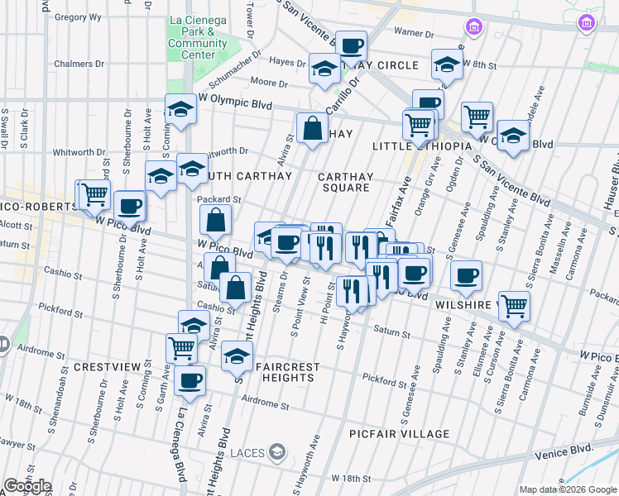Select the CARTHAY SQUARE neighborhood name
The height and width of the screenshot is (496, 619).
click(346, 182)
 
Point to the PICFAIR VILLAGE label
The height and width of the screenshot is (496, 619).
click(399, 434)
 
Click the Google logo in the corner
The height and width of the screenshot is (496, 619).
click(27, 486)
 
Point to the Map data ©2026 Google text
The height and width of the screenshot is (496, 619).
click(567, 489)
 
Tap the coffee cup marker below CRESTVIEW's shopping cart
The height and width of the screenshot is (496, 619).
click(190, 379)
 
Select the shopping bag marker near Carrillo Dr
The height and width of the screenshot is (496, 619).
click(312, 128)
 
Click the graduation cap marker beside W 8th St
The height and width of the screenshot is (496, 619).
click(447, 64)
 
